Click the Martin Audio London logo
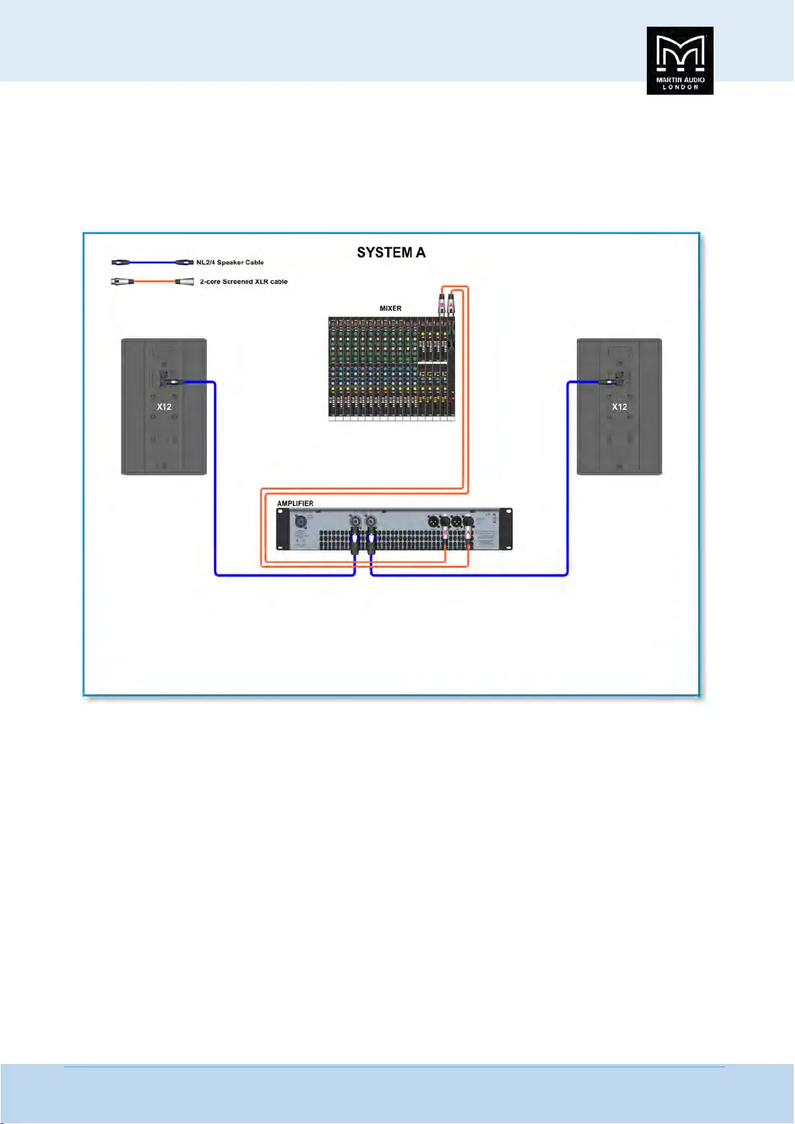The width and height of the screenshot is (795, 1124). pos(680,60)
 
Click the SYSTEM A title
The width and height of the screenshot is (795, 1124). pos(391,253)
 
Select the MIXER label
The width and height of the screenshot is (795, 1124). pos(390,308)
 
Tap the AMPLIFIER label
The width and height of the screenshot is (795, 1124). pos(295,504)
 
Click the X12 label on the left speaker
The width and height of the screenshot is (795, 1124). pos(164,407)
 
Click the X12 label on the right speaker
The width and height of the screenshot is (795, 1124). pos(619,407)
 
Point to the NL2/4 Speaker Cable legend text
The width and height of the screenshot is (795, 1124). pos(230,262)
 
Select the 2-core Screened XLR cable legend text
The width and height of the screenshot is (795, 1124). pos(244,282)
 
